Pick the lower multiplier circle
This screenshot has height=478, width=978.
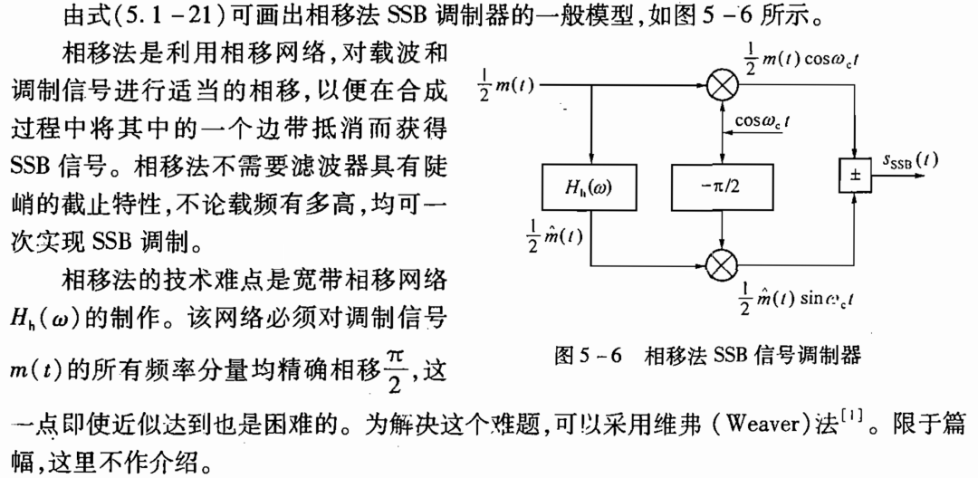coord(721,265)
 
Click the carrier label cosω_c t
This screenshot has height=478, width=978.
coord(763,121)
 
